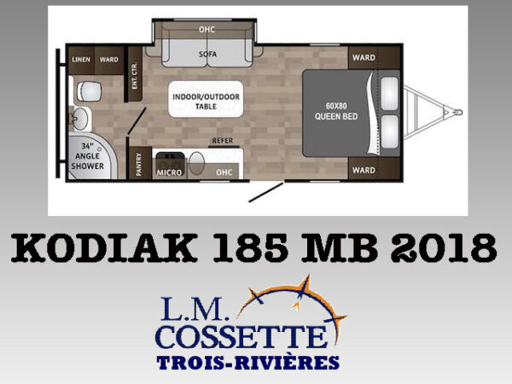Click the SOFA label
[207, 54]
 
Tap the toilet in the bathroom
[89, 91]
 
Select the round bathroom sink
[79, 119]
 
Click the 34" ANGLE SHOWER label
[88, 156]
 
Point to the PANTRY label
[138, 164]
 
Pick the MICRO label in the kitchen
[169, 172]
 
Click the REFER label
[223, 141]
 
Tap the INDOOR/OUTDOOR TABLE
[206, 99]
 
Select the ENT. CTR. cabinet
[135, 74]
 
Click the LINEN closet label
[81, 60]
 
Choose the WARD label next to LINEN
[109, 60]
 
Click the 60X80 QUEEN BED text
[336, 111]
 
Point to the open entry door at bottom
[265, 192]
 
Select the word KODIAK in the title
[104, 247]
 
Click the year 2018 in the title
[444, 247]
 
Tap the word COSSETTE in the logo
[241, 336]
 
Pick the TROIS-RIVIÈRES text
[247, 363]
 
